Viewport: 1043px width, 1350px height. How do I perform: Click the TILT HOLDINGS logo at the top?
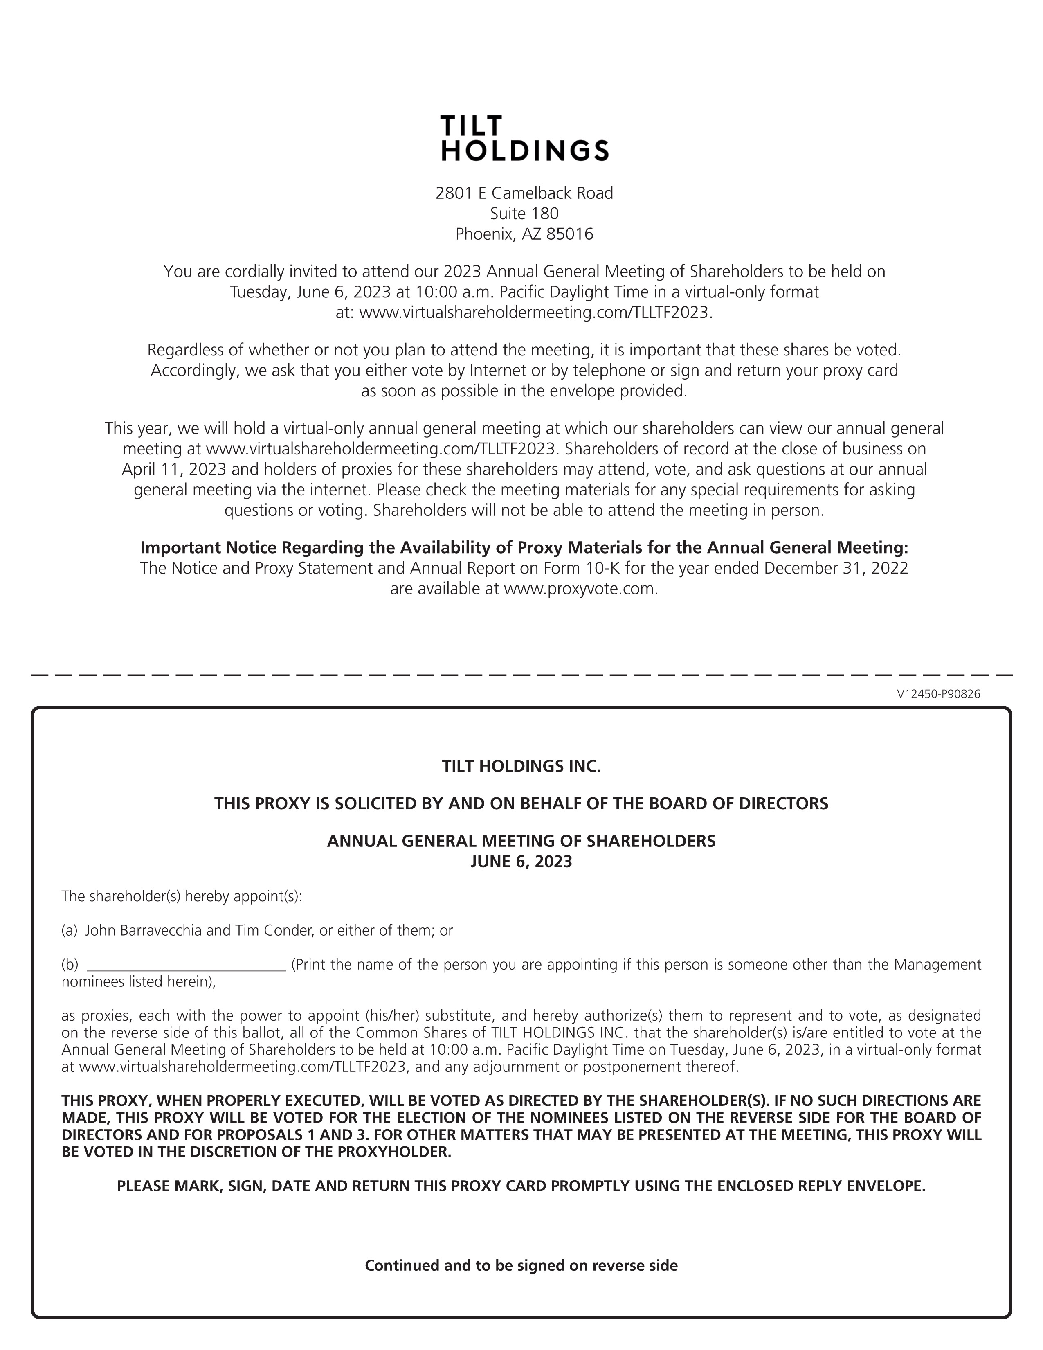(525, 138)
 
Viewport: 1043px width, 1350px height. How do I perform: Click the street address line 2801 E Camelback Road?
(524, 193)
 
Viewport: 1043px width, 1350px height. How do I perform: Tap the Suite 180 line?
(524, 214)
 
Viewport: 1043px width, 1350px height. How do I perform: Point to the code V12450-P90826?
(938, 694)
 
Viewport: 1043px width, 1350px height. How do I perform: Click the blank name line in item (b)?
(187, 965)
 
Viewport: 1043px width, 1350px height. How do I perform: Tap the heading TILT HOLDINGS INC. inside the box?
(521, 767)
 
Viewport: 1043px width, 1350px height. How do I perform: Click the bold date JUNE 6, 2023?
(521, 862)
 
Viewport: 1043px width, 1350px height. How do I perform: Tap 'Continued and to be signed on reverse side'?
(521, 1265)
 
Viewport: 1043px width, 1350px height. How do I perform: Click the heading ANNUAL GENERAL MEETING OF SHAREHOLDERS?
(521, 841)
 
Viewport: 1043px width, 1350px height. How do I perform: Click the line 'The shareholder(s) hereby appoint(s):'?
(182, 896)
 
